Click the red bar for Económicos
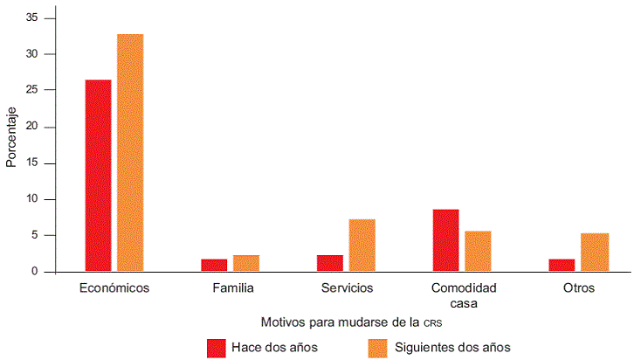pos(98,176)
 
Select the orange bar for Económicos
pos(130,153)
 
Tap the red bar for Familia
pos(214,265)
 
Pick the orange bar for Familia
pos(246,263)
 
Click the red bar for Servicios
pos(330,263)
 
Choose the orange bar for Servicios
pos(362,246)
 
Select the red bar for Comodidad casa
pos(445,240)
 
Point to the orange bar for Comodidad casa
pos(478,252)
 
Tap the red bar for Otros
pos(562,265)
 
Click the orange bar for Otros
pos(594,253)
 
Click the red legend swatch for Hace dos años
pos(217,347)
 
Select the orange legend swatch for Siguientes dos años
pos(378,347)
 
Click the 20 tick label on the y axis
pos(34,127)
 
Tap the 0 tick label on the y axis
pos(37,272)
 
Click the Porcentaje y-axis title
pos(11,138)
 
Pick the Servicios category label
pos(346,287)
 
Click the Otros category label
pos(578,287)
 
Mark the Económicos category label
pos(114,287)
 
